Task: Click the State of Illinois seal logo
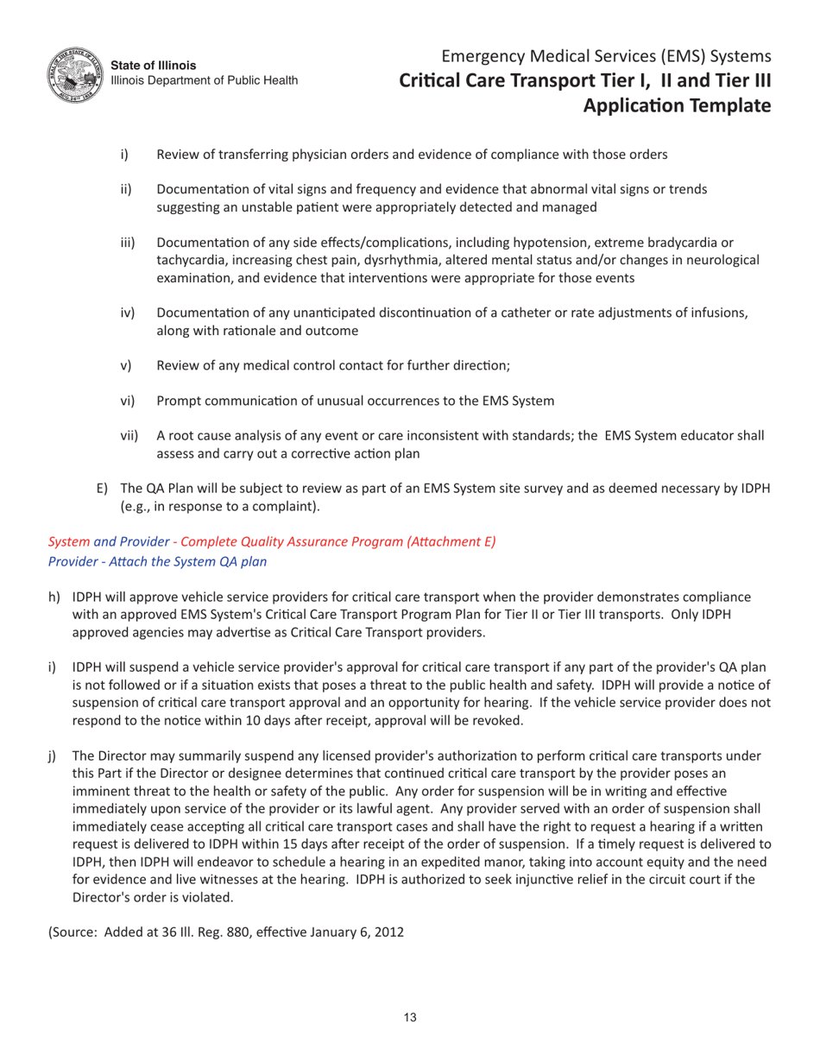pos(73,73)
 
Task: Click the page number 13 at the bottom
pos(410,1017)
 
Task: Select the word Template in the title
pos(722,105)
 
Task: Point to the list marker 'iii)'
pos(129,243)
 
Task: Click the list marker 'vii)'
pos(129,436)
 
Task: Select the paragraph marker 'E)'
pos(102,489)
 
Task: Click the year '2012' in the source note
pos(388,932)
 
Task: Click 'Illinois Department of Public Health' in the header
pos(205,80)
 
